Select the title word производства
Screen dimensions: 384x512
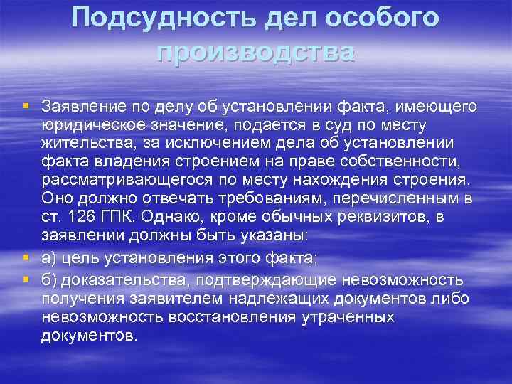click(x=255, y=50)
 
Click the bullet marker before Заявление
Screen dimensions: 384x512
click(x=26, y=107)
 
